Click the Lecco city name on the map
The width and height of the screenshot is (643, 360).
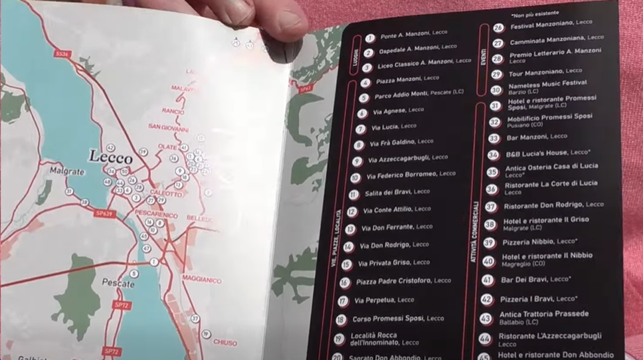tap(111, 157)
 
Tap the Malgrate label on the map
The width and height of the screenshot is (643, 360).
tap(67, 171)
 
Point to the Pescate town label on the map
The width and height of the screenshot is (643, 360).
tap(118, 283)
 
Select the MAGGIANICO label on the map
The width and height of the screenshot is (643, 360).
tap(202, 280)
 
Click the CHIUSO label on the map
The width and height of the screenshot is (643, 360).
tap(225, 343)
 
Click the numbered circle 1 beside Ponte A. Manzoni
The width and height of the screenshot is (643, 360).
tap(370, 39)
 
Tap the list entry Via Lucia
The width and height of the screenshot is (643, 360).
tap(393, 126)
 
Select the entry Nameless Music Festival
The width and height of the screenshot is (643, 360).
tap(547, 84)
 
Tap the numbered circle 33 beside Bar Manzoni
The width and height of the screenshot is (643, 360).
tap(493, 138)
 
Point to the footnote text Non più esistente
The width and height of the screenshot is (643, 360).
tap(535, 13)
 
